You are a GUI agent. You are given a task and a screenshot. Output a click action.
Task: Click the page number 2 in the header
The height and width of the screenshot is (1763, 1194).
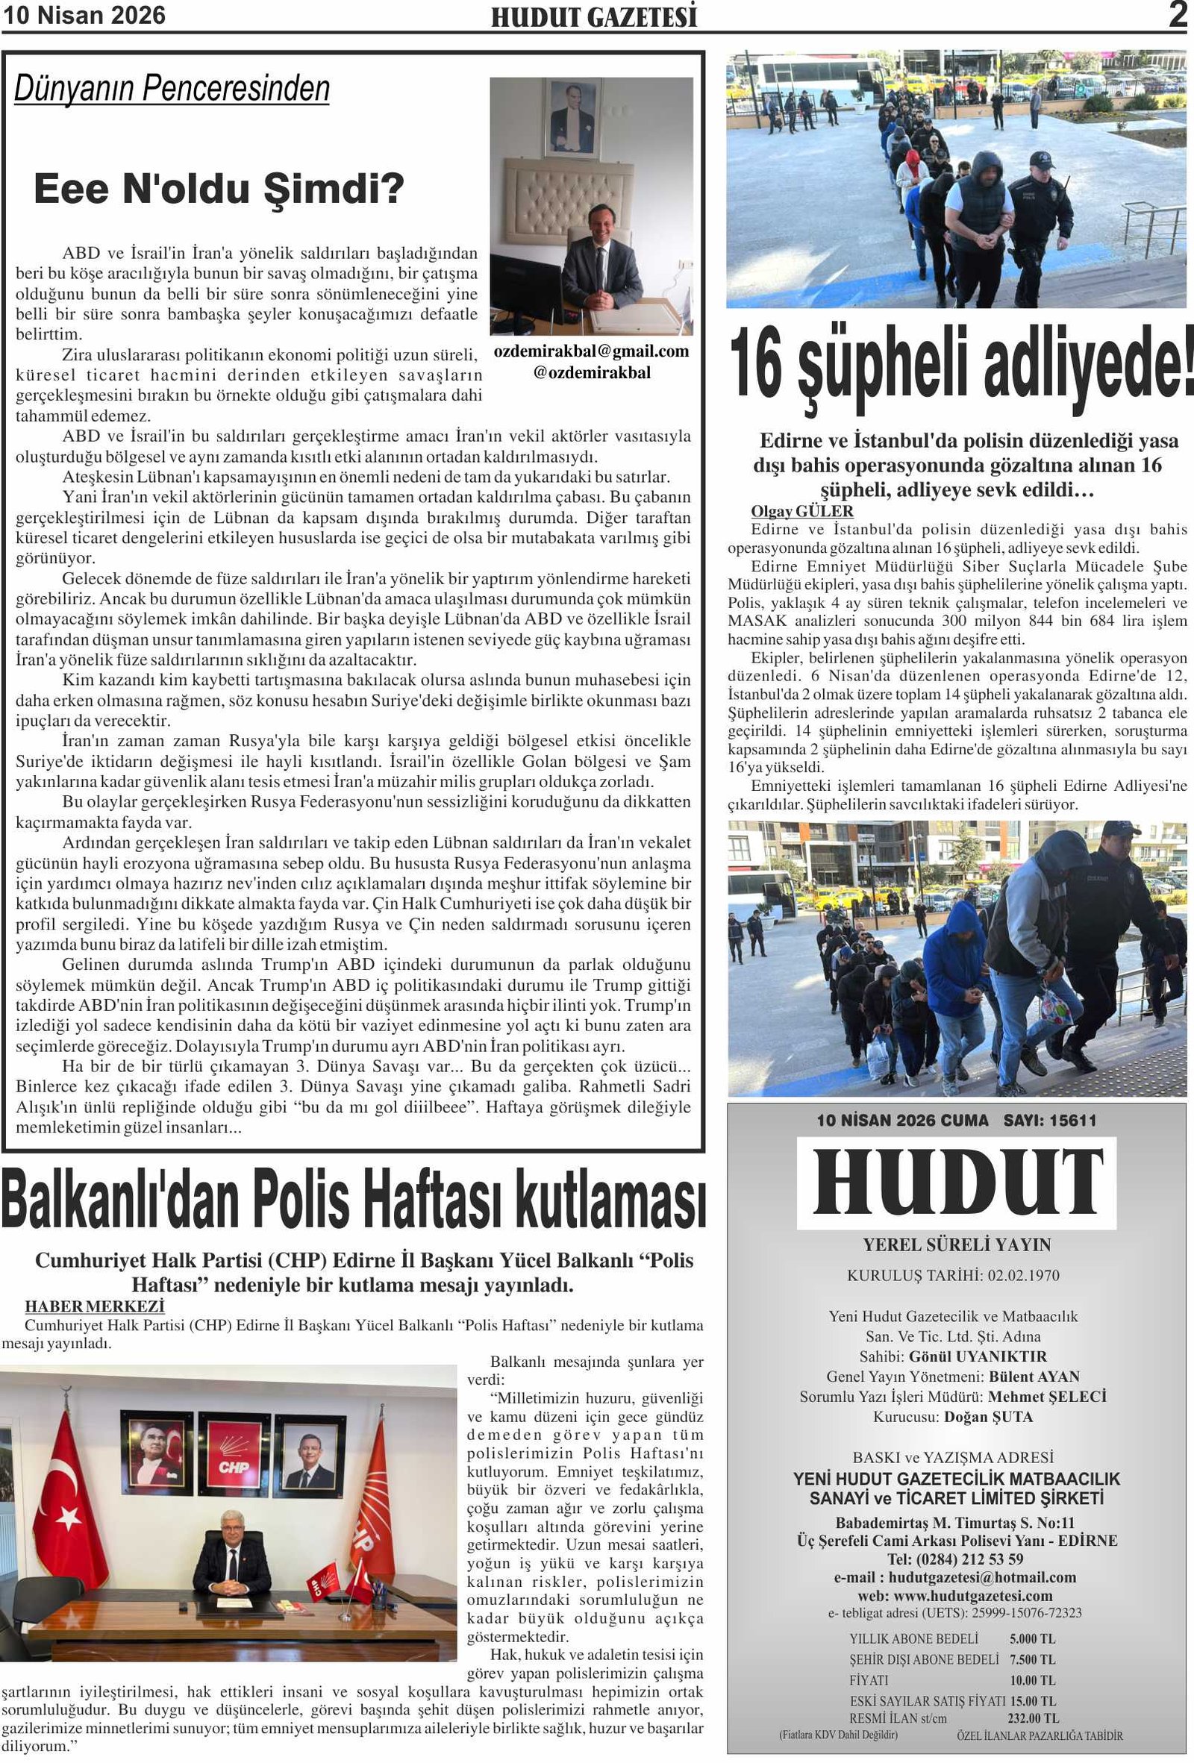1177,14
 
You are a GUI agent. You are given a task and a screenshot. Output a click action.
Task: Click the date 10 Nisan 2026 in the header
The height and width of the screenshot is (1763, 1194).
84,15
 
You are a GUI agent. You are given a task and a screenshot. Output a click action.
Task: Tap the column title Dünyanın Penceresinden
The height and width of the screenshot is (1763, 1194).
172,89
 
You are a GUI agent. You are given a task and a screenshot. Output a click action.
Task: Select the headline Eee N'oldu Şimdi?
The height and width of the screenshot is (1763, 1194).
219,189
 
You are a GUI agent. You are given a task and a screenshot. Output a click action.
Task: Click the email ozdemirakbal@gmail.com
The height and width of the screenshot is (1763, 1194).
591,351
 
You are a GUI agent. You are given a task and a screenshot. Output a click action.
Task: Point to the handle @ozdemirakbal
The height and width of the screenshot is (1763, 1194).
592,372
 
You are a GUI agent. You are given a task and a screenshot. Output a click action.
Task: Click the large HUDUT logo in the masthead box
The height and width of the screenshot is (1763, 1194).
957,1181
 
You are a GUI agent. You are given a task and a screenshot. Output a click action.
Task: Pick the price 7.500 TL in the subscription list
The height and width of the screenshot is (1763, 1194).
1032,1659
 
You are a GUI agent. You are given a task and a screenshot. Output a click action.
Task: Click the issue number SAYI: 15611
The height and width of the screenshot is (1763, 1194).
1050,1121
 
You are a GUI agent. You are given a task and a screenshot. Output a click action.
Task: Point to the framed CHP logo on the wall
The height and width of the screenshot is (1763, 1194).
234,1452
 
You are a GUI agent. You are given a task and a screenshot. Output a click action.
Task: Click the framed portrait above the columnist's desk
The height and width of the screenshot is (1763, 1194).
572,120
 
